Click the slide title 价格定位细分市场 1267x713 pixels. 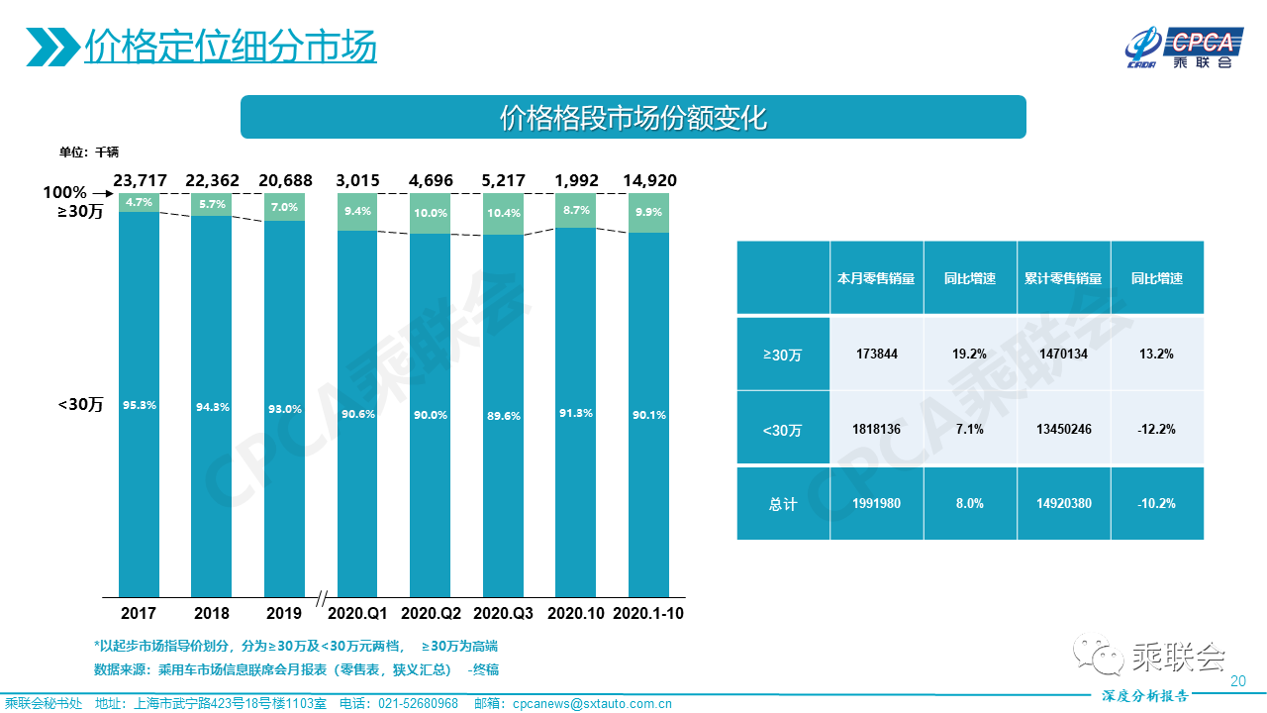(x=231, y=46)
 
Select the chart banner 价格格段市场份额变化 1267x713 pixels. (x=633, y=118)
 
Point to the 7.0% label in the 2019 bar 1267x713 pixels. (x=284, y=207)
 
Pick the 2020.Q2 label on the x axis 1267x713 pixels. (x=431, y=613)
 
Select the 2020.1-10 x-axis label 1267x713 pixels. (x=648, y=613)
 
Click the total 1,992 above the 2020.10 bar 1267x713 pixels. (x=576, y=180)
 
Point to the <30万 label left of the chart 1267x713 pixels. (x=80, y=404)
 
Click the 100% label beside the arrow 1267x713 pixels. (x=64, y=192)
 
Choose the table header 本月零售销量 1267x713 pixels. (x=875, y=278)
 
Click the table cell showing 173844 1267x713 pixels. (x=875, y=354)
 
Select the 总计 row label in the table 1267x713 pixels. (x=782, y=504)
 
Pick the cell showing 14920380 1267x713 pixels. (x=1063, y=504)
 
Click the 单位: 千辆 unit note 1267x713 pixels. (x=89, y=152)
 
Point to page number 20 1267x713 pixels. (x=1237, y=681)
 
